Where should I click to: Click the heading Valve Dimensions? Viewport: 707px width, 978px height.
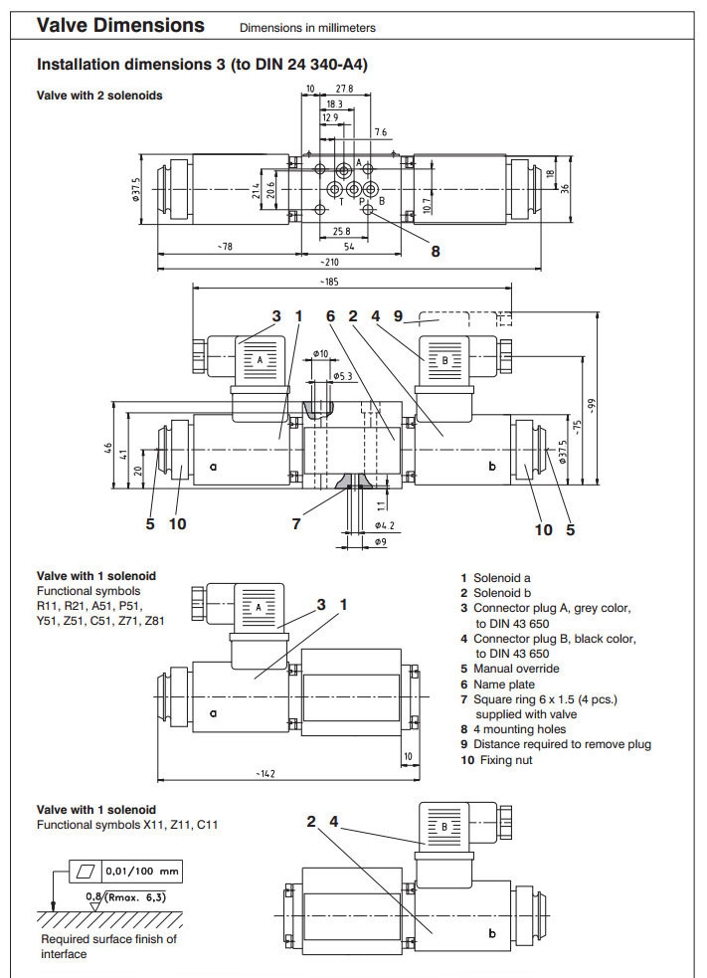(120, 26)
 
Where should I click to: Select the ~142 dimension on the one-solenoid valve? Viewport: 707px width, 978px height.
(265, 772)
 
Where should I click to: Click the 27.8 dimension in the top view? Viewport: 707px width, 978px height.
(345, 90)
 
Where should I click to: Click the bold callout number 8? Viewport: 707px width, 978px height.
(435, 251)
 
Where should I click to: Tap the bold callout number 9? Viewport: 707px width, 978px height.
(397, 316)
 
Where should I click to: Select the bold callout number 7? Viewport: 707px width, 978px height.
(296, 523)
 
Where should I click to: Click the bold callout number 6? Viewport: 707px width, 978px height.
(331, 316)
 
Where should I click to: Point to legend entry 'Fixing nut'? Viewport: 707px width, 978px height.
(502, 760)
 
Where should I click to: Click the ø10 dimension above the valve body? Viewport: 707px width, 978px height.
(320, 353)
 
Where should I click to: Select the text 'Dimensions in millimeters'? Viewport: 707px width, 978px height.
(307, 28)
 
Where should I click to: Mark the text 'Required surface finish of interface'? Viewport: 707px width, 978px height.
(108, 946)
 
